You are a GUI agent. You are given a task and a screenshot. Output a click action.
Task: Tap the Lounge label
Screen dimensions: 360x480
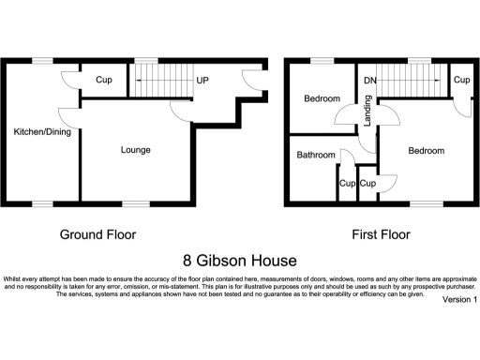click(x=136, y=149)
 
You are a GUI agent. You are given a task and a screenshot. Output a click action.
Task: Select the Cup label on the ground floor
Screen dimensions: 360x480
click(x=103, y=80)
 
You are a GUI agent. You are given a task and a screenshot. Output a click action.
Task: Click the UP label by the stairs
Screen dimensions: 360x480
click(x=202, y=80)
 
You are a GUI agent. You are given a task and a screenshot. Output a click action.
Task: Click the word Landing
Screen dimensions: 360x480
click(x=368, y=115)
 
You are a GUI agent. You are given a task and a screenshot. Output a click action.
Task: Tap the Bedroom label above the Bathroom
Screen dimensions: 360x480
click(x=322, y=98)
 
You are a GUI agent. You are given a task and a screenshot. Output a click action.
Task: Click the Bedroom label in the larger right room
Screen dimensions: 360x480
click(x=425, y=149)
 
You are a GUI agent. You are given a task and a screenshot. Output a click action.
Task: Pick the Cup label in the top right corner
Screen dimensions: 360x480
click(x=461, y=80)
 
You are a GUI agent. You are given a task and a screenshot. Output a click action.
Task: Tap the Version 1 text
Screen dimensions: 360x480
click(x=459, y=300)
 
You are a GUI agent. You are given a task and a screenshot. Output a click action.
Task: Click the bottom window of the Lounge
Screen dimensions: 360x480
click(x=137, y=202)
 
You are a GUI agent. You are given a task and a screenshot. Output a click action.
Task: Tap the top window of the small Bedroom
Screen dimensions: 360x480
click(x=322, y=61)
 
